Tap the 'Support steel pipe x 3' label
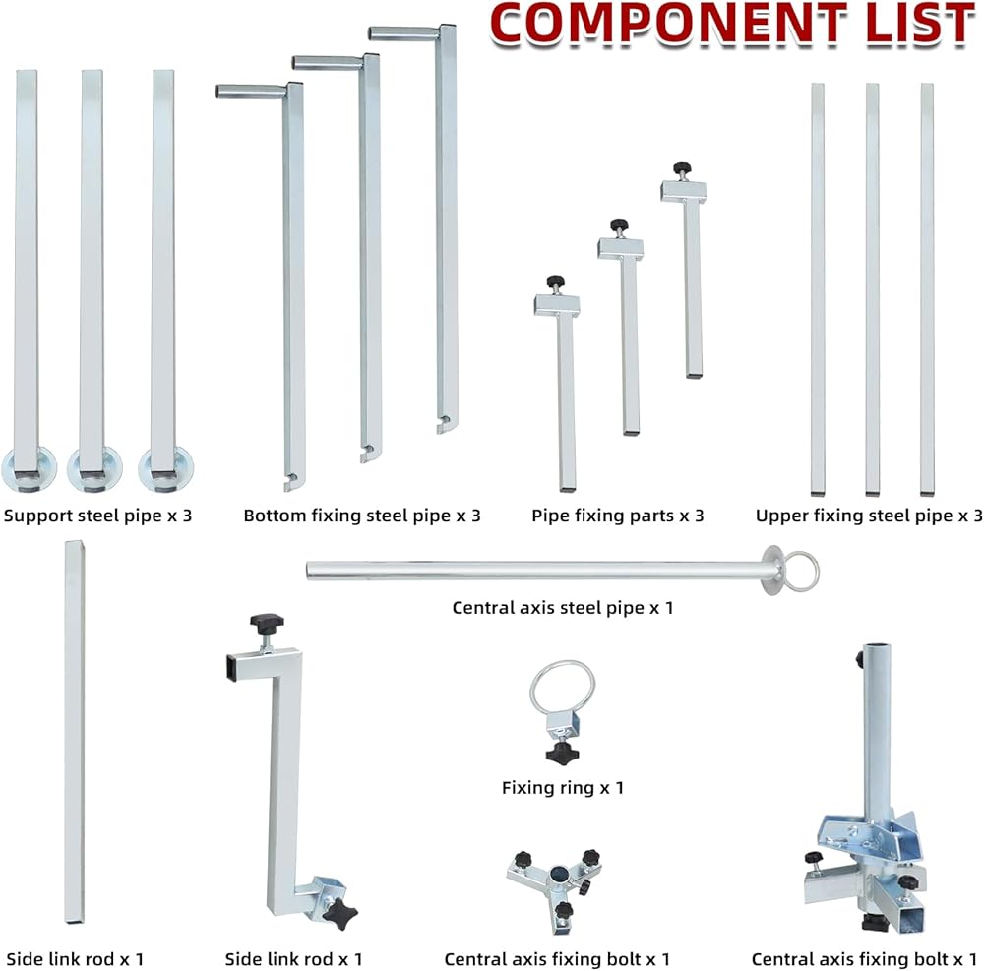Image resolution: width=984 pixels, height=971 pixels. pos(97,516)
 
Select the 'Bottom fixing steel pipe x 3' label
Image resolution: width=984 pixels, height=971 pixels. pos(362,516)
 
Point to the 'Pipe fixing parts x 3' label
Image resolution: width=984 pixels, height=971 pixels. pos(618,516)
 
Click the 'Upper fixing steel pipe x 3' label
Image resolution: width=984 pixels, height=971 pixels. pos(869,516)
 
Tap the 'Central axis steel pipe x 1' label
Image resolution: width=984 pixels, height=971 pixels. pos(563,608)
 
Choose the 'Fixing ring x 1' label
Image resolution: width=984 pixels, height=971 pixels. pos(563,788)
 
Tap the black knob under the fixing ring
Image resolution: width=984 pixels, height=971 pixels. pos(562,754)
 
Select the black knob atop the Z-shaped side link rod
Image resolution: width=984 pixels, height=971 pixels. pos(267,623)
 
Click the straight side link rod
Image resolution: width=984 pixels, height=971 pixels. pos(74,731)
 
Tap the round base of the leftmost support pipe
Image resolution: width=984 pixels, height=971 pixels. pos(29,469)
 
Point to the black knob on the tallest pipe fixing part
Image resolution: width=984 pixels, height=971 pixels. pos(682,168)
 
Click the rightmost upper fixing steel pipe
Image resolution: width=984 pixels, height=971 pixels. pos(927,289)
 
